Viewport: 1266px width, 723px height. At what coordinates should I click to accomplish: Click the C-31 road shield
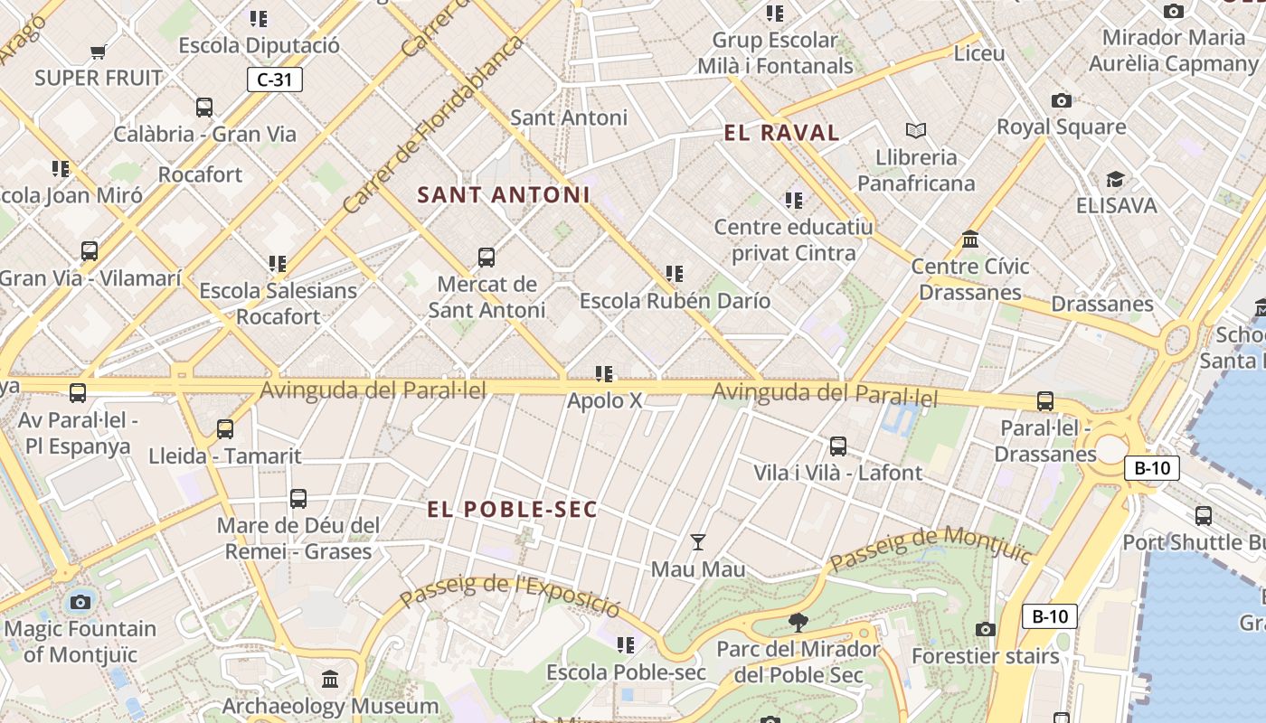coord(275,80)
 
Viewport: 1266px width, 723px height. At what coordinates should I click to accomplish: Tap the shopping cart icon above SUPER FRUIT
coord(99,52)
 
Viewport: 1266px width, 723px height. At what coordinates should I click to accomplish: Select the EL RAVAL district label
coord(781,133)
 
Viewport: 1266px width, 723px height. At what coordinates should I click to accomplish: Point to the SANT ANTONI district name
coord(504,194)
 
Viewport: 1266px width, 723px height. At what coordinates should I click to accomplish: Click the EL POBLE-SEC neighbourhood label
coord(513,510)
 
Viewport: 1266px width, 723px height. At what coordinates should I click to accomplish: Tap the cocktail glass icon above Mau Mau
coord(698,542)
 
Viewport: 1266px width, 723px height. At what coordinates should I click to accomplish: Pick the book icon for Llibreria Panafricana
coord(916,131)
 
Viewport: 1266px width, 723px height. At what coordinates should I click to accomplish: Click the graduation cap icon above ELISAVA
coord(1115,179)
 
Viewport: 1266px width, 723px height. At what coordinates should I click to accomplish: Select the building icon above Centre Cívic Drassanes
coord(970,239)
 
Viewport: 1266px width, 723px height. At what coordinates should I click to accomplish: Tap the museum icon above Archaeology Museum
coord(330,679)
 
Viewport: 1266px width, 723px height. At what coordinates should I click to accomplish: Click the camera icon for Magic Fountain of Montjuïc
coord(80,602)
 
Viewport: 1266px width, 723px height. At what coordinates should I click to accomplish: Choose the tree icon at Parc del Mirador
coord(798,622)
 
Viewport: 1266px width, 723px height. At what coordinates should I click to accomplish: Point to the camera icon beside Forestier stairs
coord(986,629)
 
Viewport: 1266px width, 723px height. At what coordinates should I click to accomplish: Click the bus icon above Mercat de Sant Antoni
coord(487,258)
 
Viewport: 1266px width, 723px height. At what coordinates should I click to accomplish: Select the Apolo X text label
coord(604,400)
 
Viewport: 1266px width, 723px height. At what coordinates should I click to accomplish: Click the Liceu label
coord(979,53)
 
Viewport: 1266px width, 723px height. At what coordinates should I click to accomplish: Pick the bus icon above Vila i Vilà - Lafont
coord(838,446)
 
